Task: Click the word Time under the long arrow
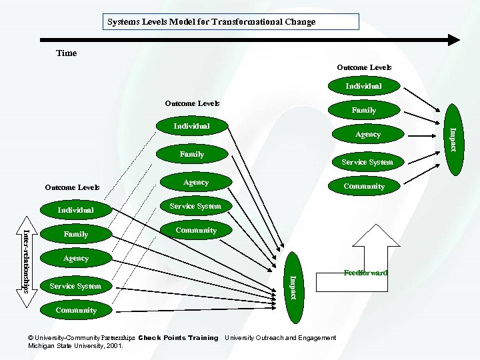(x=67, y=53)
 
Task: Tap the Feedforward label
(x=365, y=273)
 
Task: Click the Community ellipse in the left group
(x=76, y=310)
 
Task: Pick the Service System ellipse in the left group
(x=75, y=286)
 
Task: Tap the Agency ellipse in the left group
(x=76, y=259)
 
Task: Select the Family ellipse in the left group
(x=76, y=234)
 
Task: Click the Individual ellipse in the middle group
(x=191, y=126)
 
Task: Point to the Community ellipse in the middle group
(x=196, y=230)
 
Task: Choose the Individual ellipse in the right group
(x=363, y=86)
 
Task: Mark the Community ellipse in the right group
(x=364, y=186)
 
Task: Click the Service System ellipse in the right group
(x=367, y=162)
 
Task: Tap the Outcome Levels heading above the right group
(x=364, y=67)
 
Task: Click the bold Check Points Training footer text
(x=178, y=338)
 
